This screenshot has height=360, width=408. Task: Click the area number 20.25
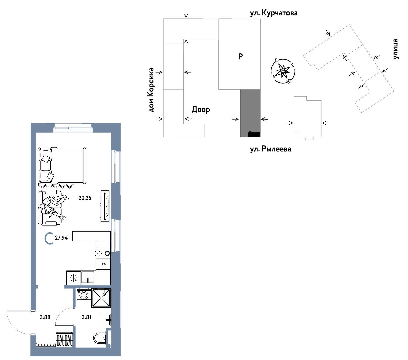(85, 198)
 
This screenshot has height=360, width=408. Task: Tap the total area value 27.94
(61, 238)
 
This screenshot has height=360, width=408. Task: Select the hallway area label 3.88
(45, 317)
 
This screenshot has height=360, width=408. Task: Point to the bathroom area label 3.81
(87, 317)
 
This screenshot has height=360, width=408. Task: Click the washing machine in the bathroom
(83, 295)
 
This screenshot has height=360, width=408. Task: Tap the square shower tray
(101, 298)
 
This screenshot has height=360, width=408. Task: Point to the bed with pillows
(62, 166)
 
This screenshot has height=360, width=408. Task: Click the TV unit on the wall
(105, 206)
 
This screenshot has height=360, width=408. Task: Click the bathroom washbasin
(105, 320)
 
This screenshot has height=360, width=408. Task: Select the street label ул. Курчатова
(274, 13)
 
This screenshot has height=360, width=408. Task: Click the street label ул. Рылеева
(270, 149)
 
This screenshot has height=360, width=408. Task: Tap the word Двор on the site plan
(201, 110)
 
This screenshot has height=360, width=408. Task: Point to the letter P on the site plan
(240, 57)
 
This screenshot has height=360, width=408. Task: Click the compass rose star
(283, 71)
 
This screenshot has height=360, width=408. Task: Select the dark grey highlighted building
(250, 113)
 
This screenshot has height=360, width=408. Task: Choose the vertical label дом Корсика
(151, 90)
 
